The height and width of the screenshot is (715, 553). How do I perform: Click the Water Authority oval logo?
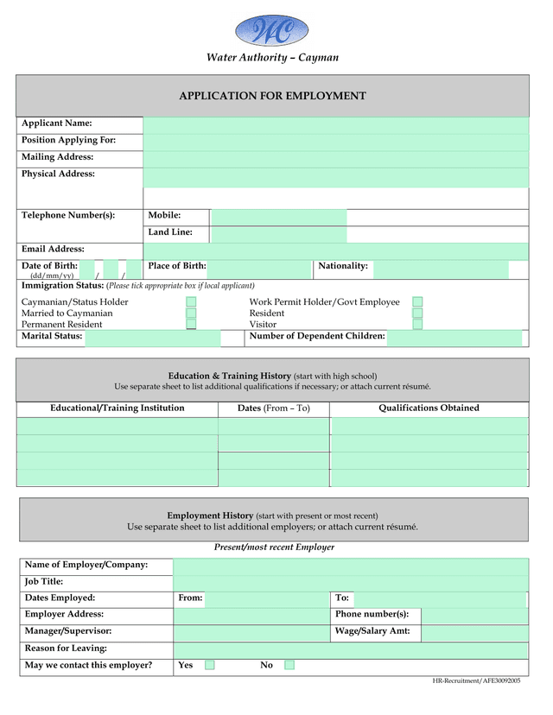pos(271,32)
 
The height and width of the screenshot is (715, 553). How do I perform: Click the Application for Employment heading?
pos(272,96)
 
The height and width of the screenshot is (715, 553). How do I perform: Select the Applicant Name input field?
pos(335,126)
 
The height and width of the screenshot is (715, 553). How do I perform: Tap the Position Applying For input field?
pos(335,142)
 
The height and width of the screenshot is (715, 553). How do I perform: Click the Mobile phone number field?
pos(278,217)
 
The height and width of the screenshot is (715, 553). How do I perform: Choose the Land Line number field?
pos(278,234)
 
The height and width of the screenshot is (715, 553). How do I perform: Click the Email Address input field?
pos(335,251)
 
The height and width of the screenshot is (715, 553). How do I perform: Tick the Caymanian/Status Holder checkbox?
pos(191,302)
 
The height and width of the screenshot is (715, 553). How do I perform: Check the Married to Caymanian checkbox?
pos(191,313)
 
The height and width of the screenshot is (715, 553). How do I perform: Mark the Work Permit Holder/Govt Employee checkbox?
pos(417,302)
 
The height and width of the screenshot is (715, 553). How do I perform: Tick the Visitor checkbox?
pos(417,325)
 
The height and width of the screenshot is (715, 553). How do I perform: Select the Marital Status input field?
pos(152,338)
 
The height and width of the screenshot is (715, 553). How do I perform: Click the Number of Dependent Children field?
pos(454,338)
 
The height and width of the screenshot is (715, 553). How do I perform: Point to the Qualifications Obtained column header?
pos(429,408)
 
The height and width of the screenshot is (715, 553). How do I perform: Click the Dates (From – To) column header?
pos(273,408)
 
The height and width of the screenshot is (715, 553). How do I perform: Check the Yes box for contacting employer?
pos(210,665)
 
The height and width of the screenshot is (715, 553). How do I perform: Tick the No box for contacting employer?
pos(289,665)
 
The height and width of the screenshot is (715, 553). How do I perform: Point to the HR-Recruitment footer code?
pos(476,681)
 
